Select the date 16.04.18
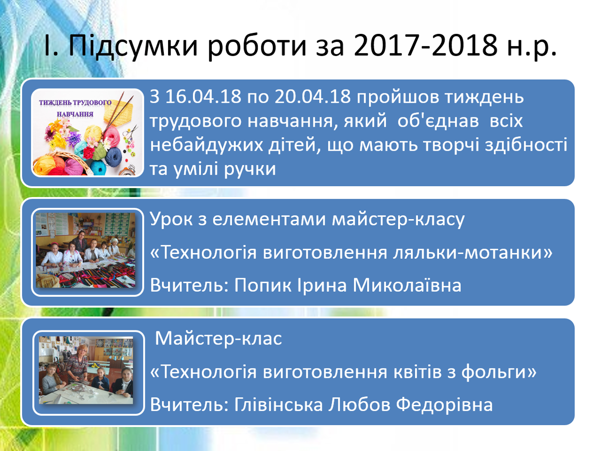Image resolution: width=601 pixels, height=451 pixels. tap(203, 97)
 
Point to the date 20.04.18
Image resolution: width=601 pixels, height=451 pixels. tap(313, 97)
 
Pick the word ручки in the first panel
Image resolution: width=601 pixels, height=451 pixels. tap(250, 170)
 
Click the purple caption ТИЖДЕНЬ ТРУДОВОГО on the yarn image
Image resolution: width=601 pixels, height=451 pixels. tap(75, 103)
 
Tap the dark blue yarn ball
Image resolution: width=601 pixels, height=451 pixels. tap(113, 157)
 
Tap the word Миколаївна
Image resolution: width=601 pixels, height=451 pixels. tap(407, 286)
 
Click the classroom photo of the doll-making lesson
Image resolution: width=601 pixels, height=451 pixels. tap(86, 250)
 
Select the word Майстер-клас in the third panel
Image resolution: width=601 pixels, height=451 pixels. tap(218, 338)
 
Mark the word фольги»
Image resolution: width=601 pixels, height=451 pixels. tap(498, 372)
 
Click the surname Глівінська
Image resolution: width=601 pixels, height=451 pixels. tap(279, 405)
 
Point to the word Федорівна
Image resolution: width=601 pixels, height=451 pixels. tap(444, 405)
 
